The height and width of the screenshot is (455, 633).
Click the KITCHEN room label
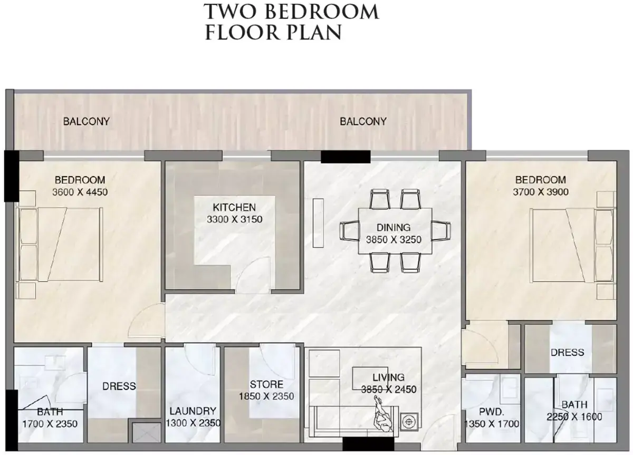click(x=234, y=207)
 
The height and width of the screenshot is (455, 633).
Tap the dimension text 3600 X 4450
click(x=80, y=192)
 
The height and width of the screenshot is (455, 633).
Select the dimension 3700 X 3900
click(x=541, y=192)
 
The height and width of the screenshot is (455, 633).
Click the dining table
click(x=395, y=231)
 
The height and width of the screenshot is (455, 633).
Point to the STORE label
click(x=266, y=384)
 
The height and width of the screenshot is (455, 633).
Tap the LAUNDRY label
click(x=193, y=411)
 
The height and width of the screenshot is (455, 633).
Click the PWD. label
click(x=492, y=412)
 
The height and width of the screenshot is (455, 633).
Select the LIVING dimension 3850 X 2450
click(x=389, y=390)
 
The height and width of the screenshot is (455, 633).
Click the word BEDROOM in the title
click(x=322, y=12)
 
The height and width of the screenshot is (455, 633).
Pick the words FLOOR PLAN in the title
click(x=273, y=32)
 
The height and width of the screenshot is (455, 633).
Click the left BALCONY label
click(x=86, y=121)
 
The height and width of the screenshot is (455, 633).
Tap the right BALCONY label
click(x=363, y=121)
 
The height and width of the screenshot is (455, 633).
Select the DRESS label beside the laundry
click(x=119, y=386)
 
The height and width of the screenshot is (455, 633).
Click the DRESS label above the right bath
click(x=567, y=352)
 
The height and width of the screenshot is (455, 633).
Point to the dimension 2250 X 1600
click(x=574, y=417)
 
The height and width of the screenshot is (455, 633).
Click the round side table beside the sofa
click(x=409, y=422)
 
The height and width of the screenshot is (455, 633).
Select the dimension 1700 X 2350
click(x=50, y=424)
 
